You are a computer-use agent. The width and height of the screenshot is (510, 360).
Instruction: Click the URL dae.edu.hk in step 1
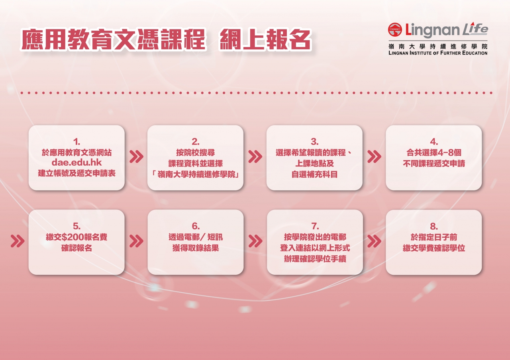coord(76,162)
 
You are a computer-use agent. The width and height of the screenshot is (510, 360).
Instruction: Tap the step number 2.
coord(196,142)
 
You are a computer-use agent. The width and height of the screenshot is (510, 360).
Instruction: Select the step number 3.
coord(315,142)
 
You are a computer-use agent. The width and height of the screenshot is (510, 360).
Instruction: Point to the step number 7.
coord(315,226)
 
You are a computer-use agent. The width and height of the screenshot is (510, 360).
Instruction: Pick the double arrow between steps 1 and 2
coord(136,157)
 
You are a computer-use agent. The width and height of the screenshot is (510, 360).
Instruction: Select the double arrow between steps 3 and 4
coord(374,157)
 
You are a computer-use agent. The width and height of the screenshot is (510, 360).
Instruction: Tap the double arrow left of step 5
coord(18,241)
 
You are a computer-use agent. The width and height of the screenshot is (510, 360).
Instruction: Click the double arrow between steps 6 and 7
coord(255,241)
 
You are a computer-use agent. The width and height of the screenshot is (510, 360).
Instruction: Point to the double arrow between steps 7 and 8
coord(374,241)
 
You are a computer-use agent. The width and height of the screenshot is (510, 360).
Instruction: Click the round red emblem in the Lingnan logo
coord(395,29)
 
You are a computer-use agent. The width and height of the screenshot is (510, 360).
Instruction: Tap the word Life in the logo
coord(475,29)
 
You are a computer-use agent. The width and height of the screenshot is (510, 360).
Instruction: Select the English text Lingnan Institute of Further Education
coord(438,53)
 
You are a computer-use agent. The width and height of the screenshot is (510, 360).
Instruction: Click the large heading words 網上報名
coord(265,39)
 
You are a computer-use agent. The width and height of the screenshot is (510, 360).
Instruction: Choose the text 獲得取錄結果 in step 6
coord(196,248)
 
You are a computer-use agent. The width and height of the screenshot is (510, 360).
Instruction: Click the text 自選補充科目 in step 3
coord(315,174)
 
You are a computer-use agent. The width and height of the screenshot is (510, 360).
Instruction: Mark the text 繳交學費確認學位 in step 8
coord(434,248)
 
